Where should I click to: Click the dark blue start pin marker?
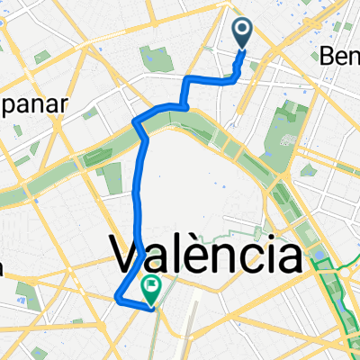click(244, 33)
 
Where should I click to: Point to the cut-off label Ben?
click(340, 56)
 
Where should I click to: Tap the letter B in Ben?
click(328, 56)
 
